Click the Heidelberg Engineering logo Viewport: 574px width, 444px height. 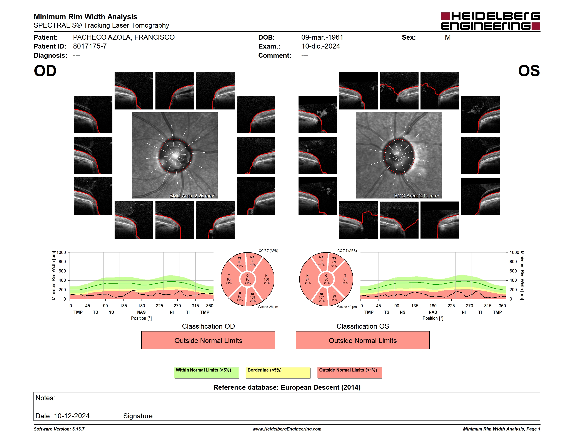click(x=491, y=21)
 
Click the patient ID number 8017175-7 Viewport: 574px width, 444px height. click(x=90, y=46)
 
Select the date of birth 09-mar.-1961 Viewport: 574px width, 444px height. click(x=322, y=37)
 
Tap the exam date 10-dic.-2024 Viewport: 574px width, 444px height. click(x=320, y=46)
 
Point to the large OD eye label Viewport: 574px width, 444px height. click(x=45, y=71)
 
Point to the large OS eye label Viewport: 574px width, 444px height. click(x=529, y=71)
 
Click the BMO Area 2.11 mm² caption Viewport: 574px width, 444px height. click(x=416, y=196)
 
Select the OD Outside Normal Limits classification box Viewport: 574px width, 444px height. click(x=208, y=340)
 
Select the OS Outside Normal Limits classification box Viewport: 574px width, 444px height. click(x=362, y=340)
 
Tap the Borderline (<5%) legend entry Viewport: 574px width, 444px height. click(x=278, y=373)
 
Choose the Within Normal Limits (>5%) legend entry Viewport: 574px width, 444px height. click(x=206, y=373)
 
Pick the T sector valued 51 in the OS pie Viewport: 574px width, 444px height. click(x=345, y=279)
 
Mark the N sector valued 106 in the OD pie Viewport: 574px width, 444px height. click(x=266, y=279)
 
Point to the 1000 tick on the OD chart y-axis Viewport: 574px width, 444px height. click(x=61, y=252)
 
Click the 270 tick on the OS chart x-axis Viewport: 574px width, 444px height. click(x=469, y=306)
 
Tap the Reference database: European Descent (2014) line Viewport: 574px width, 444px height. click(x=287, y=387)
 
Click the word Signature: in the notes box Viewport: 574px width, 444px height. click(x=139, y=416)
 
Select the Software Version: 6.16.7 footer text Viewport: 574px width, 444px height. click(x=59, y=429)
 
